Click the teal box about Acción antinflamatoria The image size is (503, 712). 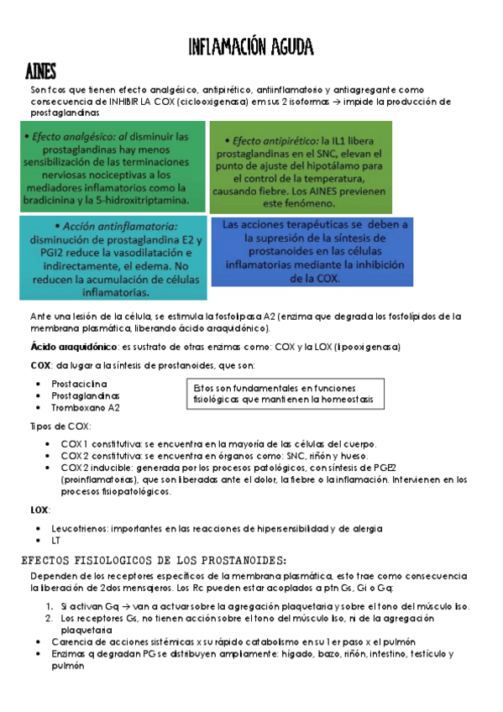[x=113, y=258]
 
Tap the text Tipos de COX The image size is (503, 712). [x=60, y=426]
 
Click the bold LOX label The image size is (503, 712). [x=39, y=510]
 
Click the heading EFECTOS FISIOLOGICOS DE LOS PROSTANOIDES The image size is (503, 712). [x=159, y=560]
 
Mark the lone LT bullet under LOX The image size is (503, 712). [x=56, y=541]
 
